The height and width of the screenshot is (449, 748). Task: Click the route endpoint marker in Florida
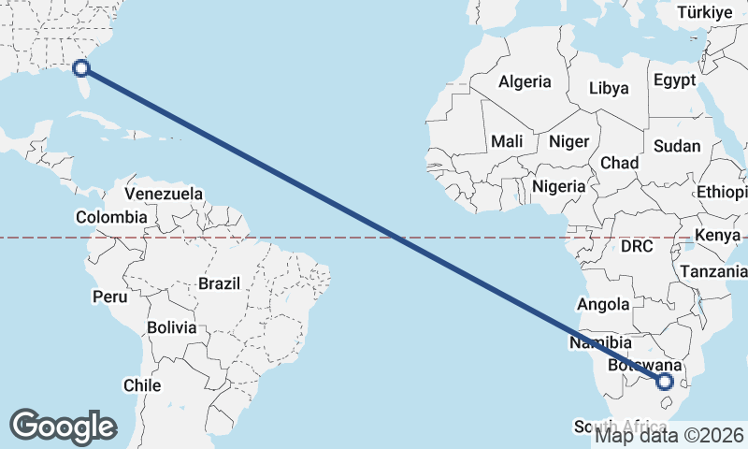click(81, 67)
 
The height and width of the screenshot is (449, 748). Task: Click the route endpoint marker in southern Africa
click(665, 382)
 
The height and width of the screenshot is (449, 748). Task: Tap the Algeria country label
click(525, 82)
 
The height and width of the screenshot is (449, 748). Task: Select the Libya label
click(609, 90)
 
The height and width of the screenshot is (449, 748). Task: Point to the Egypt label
click(675, 80)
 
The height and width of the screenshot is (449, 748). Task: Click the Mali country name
click(507, 141)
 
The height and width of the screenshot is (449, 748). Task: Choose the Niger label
click(569, 141)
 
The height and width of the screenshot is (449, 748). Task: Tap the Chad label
click(619, 163)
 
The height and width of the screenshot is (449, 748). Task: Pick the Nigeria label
click(559, 186)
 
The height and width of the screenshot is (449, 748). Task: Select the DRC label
click(637, 247)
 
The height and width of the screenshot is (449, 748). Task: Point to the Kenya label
click(718, 234)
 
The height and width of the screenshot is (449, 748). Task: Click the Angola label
click(603, 304)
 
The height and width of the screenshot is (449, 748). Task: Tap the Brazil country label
click(220, 282)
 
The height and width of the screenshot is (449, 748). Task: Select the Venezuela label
click(164, 194)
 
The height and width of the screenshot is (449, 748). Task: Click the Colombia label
click(111, 217)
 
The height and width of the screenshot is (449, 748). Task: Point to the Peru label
click(108, 297)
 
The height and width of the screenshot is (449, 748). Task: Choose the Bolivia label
click(172, 328)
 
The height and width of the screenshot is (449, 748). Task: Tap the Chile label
click(142, 385)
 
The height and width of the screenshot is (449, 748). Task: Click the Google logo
click(63, 427)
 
